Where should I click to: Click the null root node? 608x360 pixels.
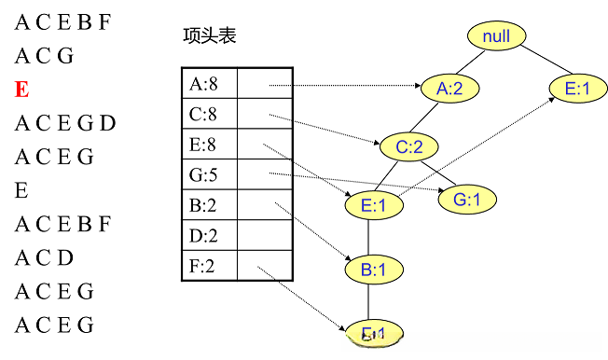point(496,36)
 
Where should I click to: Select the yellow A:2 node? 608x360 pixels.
point(449,89)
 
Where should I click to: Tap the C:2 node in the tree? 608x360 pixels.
point(409,146)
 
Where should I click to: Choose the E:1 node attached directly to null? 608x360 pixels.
point(577,89)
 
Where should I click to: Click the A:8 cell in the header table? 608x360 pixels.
point(209,85)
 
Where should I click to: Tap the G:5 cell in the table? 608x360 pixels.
point(209,175)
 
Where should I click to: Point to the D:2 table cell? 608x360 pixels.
point(209,236)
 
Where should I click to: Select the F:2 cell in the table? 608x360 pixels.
point(209,266)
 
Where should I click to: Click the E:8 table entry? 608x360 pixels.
point(209,145)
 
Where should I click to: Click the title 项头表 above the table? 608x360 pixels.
point(209,36)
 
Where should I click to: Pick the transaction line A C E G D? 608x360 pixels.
point(64,123)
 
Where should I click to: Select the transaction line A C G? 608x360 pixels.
point(44,56)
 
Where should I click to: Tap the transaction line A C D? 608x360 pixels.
point(44,257)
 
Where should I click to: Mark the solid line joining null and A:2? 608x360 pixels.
point(474,62)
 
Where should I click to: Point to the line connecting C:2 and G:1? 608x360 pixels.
point(440,173)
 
